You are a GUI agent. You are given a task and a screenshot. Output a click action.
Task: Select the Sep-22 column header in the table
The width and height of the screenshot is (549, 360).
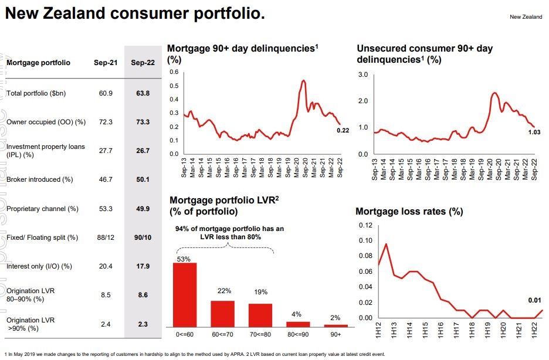143,63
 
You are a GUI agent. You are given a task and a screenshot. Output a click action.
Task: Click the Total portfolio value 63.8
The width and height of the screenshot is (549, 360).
143,93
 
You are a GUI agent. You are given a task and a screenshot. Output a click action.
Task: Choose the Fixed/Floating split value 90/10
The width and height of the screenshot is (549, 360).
143,237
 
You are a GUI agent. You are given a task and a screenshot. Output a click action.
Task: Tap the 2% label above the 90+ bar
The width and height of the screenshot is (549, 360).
336,317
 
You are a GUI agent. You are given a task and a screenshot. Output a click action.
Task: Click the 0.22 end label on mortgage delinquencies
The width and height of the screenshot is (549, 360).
343,131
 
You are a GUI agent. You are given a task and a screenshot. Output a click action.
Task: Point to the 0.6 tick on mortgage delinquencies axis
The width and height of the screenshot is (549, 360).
174,72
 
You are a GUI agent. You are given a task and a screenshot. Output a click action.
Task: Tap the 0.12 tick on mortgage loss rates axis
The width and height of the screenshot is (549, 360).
365,226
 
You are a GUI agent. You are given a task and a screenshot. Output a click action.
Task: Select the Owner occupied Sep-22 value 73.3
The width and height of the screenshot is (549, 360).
143,122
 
